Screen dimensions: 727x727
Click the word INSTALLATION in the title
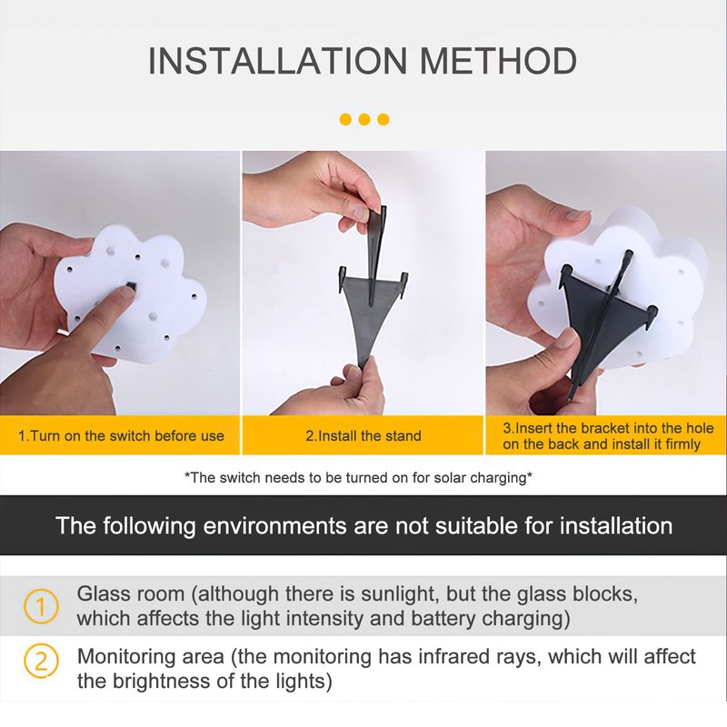pos(277,61)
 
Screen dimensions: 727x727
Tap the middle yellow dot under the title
pos(364,120)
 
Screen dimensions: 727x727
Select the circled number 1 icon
pos(41,606)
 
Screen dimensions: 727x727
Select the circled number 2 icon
pos(41,661)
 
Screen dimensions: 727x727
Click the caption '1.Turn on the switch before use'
pos(121,436)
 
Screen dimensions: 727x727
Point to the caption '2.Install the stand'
pos(363,436)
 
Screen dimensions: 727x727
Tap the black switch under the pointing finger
pos(131,284)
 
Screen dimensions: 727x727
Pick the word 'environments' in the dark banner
pos(275,526)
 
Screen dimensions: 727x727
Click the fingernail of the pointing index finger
pos(124,292)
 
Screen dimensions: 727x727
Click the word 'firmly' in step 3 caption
pos(682,444)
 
